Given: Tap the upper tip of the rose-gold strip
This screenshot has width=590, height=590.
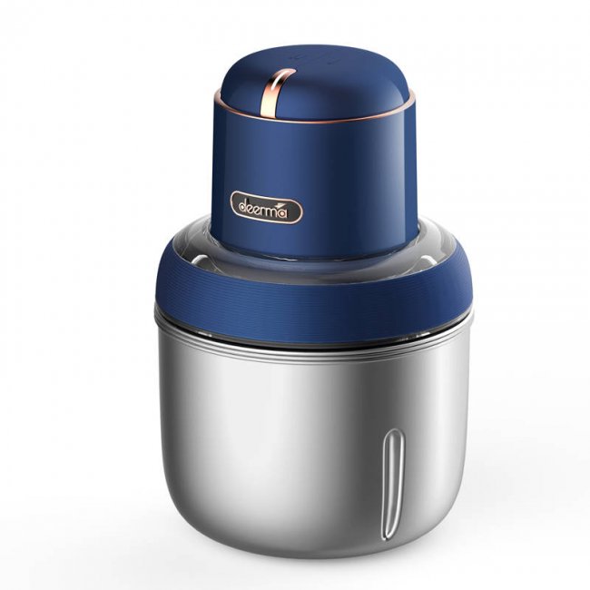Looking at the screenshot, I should coord(290,72).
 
